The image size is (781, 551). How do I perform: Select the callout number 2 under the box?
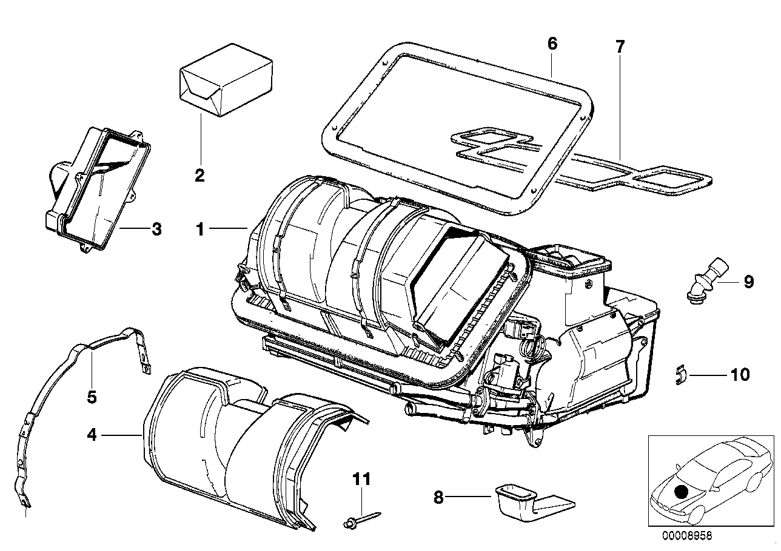click(199, 176)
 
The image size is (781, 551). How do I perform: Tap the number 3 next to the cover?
click(156, 229)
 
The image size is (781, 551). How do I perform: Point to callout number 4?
click(91, 434)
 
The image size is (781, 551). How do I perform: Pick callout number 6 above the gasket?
click(551, 44)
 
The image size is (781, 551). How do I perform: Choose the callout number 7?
click(619, 46)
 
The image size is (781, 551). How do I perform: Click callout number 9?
click(748, 281)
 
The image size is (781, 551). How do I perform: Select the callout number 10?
click(740, 375)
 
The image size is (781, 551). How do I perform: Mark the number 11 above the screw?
click(361, 480)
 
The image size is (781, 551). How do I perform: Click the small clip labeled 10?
click(680, 375)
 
